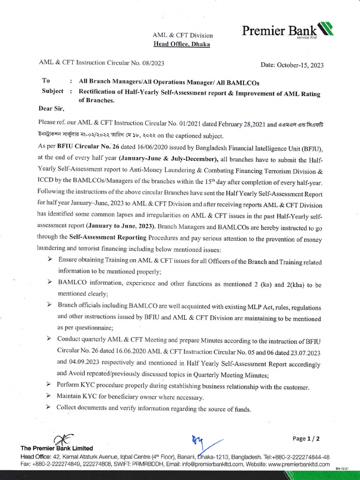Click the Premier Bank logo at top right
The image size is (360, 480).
[x=287, y=31]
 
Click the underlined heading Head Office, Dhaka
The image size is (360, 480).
[x=182, y=44]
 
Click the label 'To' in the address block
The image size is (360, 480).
[x=46, y=81]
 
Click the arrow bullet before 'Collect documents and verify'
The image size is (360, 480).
[x=48, y=407]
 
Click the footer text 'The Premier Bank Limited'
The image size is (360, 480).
[x=56, y=448]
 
